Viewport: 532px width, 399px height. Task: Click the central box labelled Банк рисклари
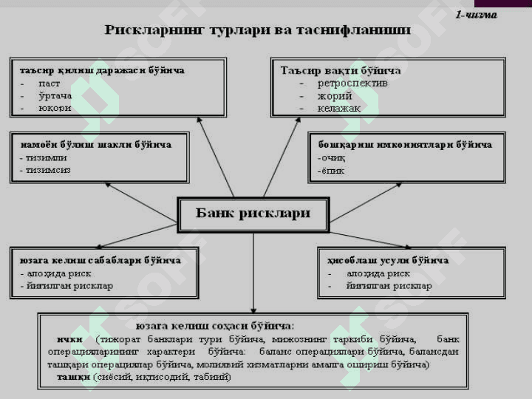coord(253,214)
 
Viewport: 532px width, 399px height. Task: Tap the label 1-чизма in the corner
coord(476,14)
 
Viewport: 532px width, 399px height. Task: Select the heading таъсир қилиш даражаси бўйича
coord(102,70)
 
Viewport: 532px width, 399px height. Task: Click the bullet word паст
coord(50,83)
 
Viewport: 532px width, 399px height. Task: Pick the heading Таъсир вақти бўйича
coord(341,70)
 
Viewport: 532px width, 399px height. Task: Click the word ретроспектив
coord(352,83)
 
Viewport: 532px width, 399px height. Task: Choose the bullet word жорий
coord(335,95)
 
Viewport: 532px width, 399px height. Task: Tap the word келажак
coord(339,108)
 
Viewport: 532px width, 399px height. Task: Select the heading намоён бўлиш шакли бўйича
coord(95,144)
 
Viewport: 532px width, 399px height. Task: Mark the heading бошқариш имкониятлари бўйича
coord(405,144)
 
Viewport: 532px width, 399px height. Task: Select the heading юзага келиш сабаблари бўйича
coord(100,260)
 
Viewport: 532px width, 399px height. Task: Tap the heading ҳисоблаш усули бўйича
coord(388,260)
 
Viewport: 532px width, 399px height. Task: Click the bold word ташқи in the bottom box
coord(74,377)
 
